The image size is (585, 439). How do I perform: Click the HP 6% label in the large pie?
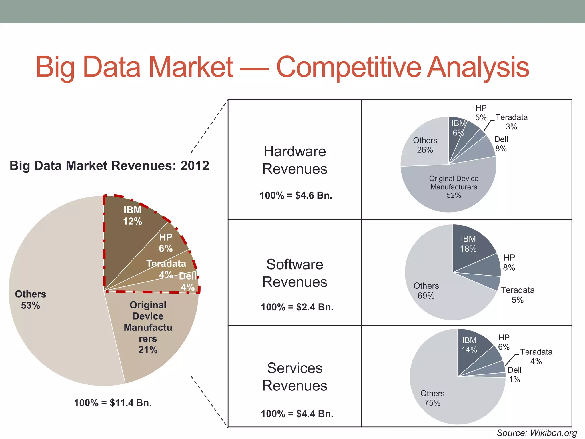(x=166, y=243)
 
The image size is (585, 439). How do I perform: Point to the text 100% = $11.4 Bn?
(x=113, y=403)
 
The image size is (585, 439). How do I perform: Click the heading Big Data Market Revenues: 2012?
(x=109, y=166)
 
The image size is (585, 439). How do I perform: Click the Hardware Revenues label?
(x=294, y=160)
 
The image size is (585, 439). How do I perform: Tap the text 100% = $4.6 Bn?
(x=296, y=195)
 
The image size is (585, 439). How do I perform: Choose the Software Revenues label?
(x=294, y=273)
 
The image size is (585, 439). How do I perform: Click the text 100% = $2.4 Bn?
(x=297, y=307)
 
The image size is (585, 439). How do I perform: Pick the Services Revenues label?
(x=294, y=377)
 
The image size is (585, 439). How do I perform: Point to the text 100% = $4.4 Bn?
(x=297, y=414)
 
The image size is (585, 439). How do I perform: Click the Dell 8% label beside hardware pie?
(x=501, y=144)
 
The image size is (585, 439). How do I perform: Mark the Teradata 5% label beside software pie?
(x=517, y=295)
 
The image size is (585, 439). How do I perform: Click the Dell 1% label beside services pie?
(x=514, y=375)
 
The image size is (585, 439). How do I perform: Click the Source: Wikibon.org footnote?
(x=537, y=433)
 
